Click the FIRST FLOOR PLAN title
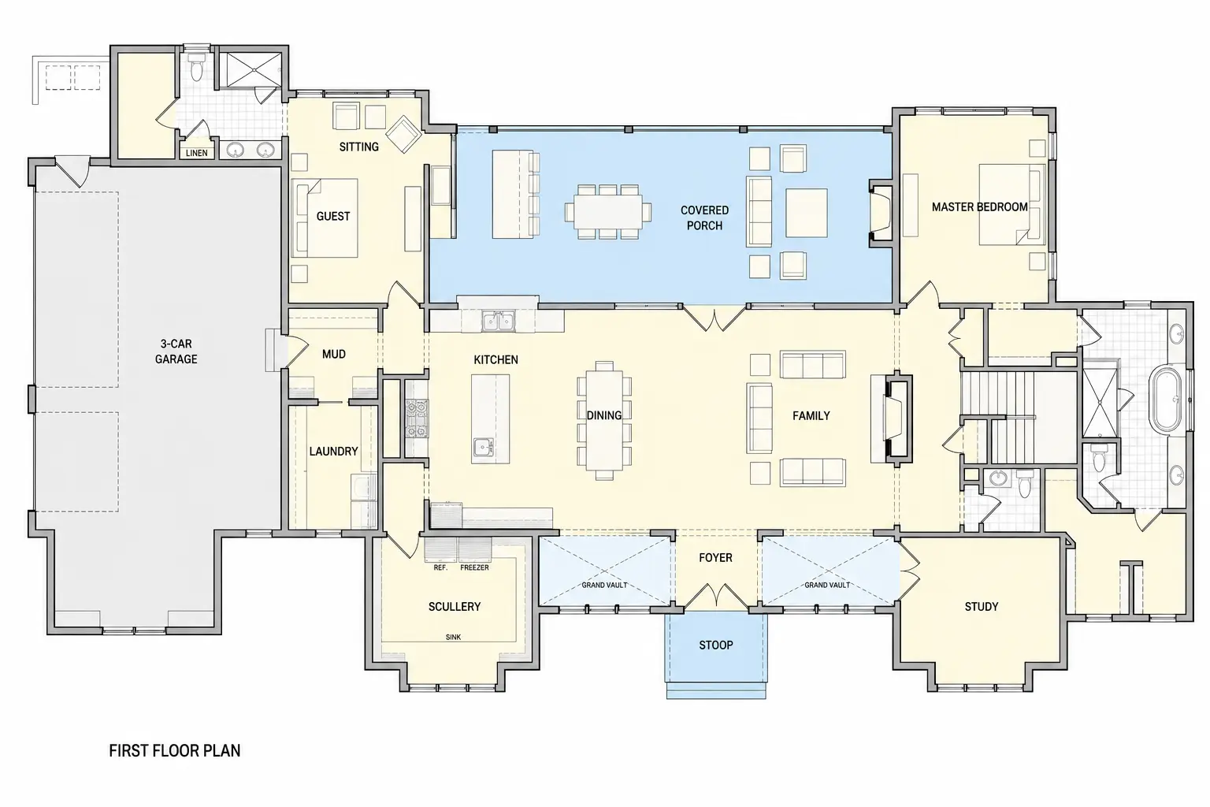pyautogui.click(x=174, y=751)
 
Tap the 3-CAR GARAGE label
pyautogui.click(x=176, y=351)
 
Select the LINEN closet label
pyautogui.click(x=197, y=153)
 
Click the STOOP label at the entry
pyautogui.click(x=716, y=645)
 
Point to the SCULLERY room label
pyautogui.click(x=455, y=607)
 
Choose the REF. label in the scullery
pyautogui.click(x=440, y=567)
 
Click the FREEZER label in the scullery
pyautogui.click(x=474, y=567)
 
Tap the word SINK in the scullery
pyautogui.click(x=453, y=638)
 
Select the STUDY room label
pyautogui.click(x=982, y=607)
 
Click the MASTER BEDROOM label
pyautogui.click(x=979, y=207)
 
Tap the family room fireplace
pyautogui.click(x=896, y=417)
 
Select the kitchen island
pyautogui.click(x=490, y=419)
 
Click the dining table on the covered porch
pyautogui.click(x=607, y=212)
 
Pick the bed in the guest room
pyautogui.click(x=325, y=218)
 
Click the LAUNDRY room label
pyautogui.click(x=333, y=452)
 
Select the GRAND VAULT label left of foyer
pyautogui.click(x=604, y=585)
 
